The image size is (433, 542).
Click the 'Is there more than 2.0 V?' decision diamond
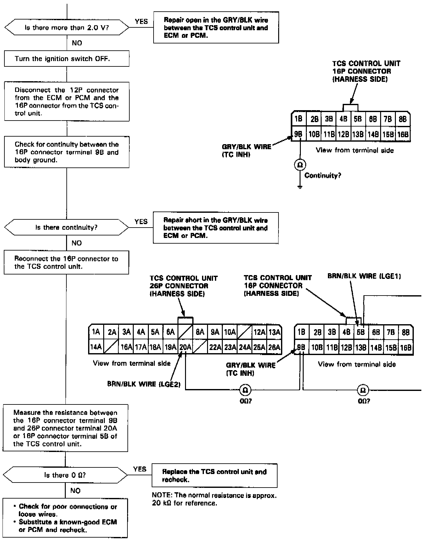(x=67, y=27)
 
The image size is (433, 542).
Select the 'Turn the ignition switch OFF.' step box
(x=66, y=59)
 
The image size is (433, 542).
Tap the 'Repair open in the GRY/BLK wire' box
(x=216, y=28)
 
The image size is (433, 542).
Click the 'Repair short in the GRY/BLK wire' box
(x=216, y=228)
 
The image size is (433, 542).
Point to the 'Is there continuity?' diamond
(x=66, y=227)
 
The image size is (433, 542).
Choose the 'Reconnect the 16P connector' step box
(x=66, y=263)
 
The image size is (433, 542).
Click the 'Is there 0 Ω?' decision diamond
(x=65, y=475)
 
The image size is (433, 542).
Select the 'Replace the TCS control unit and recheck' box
(x=214, y=476)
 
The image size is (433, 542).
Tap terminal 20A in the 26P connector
(x=185, y=347)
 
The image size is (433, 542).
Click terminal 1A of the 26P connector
(x=96, y=332)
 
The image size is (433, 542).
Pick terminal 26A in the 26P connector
(x=274, y=347)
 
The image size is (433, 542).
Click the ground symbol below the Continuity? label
(x=300, y=187)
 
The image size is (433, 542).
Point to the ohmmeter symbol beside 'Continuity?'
(x=300, y=165)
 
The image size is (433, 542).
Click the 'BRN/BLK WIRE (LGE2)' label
(x=144, y=384)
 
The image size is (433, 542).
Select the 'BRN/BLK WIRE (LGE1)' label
(x=364, y=276)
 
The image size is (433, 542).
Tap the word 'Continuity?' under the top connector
(x=323, y=176)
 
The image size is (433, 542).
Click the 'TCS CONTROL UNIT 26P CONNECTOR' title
(x=183, y=286)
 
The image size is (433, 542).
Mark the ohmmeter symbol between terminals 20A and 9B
(x=245, y=390)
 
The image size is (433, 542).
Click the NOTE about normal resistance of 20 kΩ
(x=214, y=499)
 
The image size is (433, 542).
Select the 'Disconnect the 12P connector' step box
(x=67, y=102)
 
